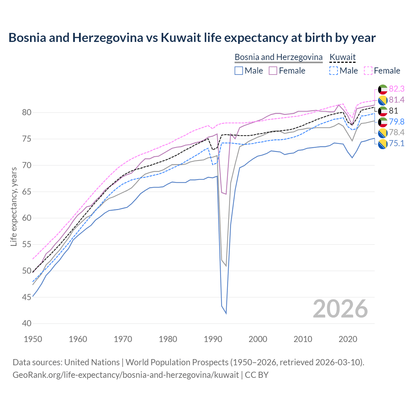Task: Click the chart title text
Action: coord(192,38)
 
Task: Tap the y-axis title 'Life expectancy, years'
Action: coord(14,207)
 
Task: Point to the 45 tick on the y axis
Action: coord(27,297)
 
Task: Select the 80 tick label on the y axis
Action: coord(27,113)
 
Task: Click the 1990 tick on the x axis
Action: coord(213,339)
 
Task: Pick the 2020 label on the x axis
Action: coord(348,339)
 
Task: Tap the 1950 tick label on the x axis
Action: coord(33,339)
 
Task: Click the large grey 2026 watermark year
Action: coord(340,309)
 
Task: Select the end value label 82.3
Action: coord(397,89)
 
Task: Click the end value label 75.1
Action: coord(397,144)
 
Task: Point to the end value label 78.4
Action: coord(397,133)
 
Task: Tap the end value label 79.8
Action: coord(397,122)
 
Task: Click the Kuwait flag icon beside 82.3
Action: coord(383,89)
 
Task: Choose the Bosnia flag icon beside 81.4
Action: coord(383,100)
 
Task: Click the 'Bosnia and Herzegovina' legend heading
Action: coord(278,57)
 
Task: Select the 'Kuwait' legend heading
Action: coord(342,57)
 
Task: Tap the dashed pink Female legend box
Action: coord(368,71)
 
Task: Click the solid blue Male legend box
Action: coord(239,71)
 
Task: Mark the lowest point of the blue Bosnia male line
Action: coord(226,313)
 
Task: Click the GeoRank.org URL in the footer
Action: coord(126,375)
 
